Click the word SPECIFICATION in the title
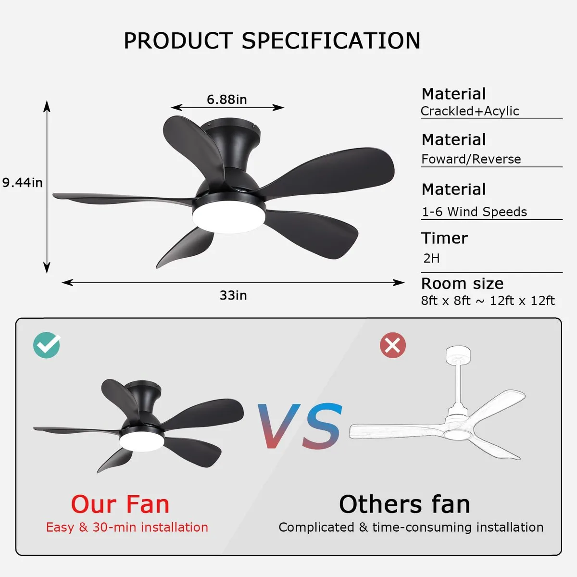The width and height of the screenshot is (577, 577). click(x=331, y=41)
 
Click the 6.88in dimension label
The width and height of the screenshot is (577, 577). click(x=226, y=100)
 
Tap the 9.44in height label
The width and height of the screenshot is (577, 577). click(x=23, y=182)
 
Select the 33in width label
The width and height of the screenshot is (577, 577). click(x=233, y=295)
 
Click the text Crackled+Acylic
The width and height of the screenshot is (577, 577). click(x=469, y=111)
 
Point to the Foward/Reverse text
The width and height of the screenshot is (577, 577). click(x=471, y=159)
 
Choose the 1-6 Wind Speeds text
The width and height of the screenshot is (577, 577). click(x=474, y=212)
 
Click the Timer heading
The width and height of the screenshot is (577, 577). click(x=444, y=238)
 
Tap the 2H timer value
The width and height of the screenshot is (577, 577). click(x=431, y=258)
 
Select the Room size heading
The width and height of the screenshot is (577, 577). click(x=462, y=283)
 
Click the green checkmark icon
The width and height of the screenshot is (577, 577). click(x=47, y=345)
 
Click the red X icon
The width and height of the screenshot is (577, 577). click(x=393, y=345)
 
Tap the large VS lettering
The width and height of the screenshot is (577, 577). click(x=300, y=426)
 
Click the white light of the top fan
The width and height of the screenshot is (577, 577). click(x=229, y=217)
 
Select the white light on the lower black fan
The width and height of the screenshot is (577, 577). click(x=142, y=441)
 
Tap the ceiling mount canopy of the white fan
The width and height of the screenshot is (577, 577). click(x=458, y=353)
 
